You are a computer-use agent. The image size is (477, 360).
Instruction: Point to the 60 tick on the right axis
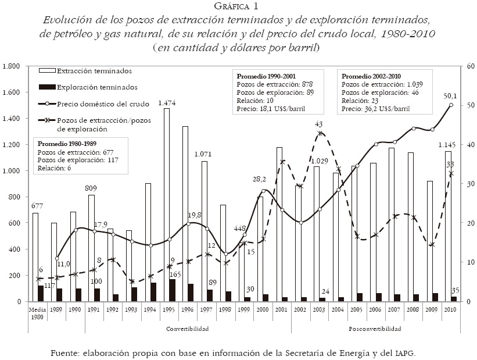pos(462,66)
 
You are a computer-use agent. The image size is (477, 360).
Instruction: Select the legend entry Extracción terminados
pos(94,71)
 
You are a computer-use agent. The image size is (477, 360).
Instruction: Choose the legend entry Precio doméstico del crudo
pos(103,104)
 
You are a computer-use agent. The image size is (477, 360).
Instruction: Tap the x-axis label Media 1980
pos(36,312)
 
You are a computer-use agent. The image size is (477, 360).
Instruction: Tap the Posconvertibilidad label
pos(375,329)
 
